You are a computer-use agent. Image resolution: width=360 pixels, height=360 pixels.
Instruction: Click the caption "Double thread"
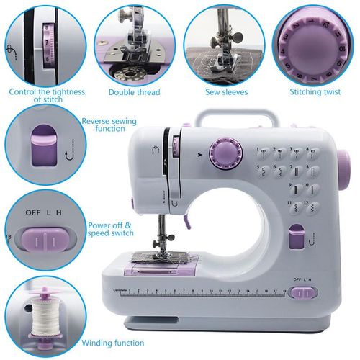pyautogui.click(x=134, y=92)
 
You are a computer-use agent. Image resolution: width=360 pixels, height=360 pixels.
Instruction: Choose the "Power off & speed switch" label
pyautogui.click(x=109, y=229)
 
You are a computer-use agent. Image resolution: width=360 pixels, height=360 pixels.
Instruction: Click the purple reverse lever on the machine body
pyautogui.click(x=294, y=237)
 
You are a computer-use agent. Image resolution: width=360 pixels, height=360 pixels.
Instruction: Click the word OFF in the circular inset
pyautogui.click(x=24, y=214)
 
